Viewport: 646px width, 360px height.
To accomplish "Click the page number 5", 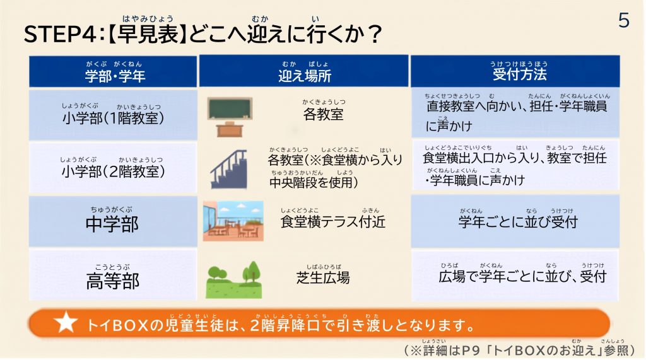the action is point(624,20).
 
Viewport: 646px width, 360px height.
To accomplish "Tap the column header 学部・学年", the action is point(115,76).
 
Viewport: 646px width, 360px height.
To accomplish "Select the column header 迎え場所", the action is point(305,76).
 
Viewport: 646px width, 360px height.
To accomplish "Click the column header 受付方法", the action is point(519,74).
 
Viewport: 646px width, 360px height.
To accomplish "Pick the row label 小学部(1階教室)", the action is point(114,119).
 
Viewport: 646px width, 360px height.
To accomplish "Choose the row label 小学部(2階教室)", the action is point(114,171).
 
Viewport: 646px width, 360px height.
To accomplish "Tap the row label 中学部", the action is point(112,224).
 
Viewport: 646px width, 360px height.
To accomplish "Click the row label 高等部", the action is point(112,281).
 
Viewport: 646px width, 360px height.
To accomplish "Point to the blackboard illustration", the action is point(230,109).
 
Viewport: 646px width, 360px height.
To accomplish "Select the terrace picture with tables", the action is point(233,221).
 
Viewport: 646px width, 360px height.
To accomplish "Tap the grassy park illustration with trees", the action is point(233,280).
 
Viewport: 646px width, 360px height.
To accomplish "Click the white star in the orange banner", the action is point(66,322).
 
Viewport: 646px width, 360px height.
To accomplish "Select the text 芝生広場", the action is point(323,278).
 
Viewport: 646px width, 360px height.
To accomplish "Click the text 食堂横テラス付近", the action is point(333,221).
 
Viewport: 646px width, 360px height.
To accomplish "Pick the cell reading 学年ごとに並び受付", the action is point(519,222).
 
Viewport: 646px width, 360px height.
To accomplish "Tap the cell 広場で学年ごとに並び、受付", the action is point(522,276).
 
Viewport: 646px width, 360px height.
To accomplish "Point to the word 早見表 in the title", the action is point(148,34).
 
